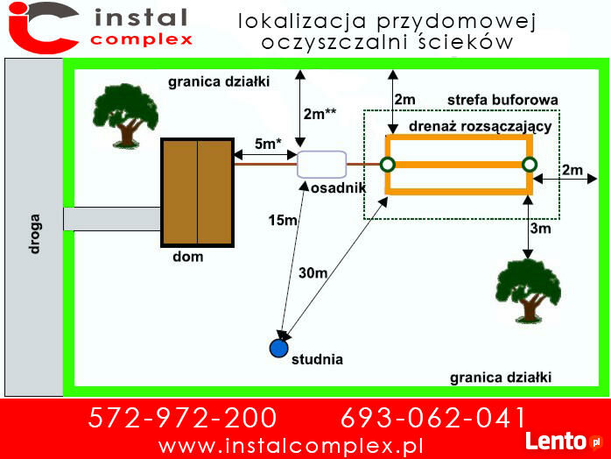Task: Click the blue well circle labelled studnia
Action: (x=278, y=348)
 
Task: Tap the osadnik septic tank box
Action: (x=322, y=165)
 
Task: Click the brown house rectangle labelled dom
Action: (x=198, y=193)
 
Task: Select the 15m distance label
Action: (x=283, y=221)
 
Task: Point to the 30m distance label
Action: (x=313, y=273)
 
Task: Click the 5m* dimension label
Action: (x=268, y=144)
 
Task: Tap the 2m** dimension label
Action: (x=320, y=114)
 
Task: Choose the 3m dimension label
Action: (x=540, y=228)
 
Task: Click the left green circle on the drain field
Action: (x=388, y=165)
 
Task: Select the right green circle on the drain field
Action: (x=530, y=165)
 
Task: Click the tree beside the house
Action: (x=125, y=116)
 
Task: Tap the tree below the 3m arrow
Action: (x=528, y=292)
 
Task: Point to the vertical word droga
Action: (x=34, y=234)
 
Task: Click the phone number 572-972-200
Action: (x=182, y=418)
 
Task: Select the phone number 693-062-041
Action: (x=433, y=418)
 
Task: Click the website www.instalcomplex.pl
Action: (x=291, y=446)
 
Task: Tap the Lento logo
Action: (x=564, y=441)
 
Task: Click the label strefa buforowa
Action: (x=502, y=100)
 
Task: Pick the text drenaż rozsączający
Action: (x=481, y=127)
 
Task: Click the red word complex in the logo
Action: (x=142, y=39)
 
